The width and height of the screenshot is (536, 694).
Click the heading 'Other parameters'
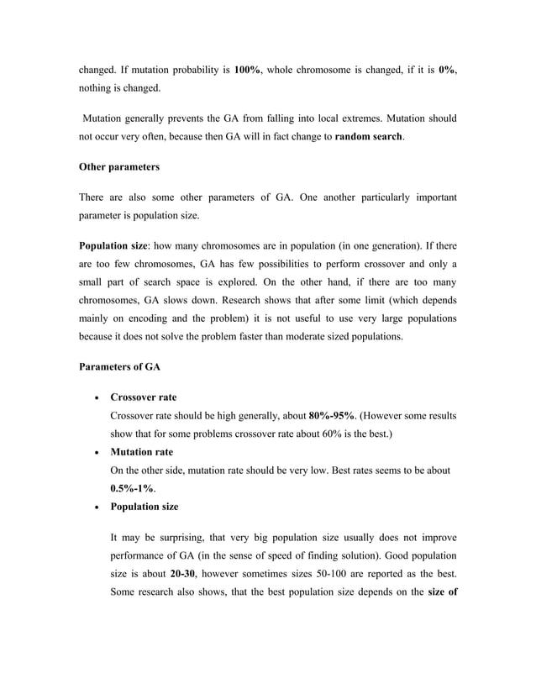coord(118,167)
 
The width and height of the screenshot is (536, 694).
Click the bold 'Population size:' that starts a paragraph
coord(116,248)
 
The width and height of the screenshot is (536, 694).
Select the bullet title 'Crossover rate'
coord(143,397)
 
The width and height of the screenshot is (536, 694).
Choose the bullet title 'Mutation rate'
coord(141,452)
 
